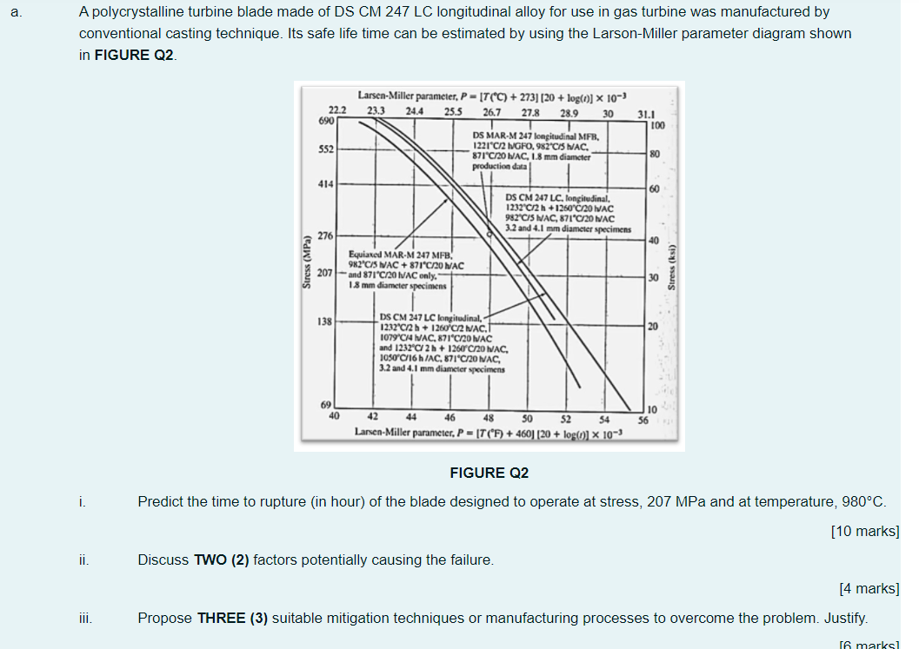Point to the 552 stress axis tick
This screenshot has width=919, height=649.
coord(324,149)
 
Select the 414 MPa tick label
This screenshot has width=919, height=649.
coord(324,184)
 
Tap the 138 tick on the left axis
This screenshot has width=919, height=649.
coord(324,321)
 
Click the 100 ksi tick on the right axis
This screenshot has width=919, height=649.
coord(657,126)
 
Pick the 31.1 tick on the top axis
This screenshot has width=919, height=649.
coord(645,113)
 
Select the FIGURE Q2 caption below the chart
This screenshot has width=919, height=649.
coord(489,473)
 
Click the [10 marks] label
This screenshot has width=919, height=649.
coord(864,531)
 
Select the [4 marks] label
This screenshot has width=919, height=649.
coord(869,588)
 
